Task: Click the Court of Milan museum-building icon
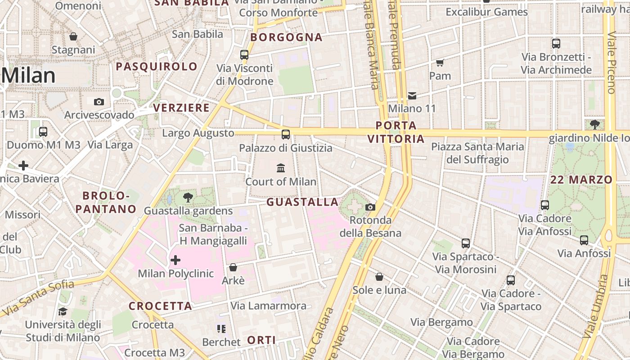click(281, 168)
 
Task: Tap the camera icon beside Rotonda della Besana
click(370, 207)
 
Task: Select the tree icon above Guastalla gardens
click(188, 197)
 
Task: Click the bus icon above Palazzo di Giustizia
click(285, 134)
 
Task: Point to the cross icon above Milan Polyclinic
click(175, 260)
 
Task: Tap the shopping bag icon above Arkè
click(233, 267)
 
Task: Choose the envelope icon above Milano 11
click(412, 95)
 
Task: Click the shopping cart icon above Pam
click(440, 63)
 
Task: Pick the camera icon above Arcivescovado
click(99, 102)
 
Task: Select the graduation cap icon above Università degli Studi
click(63, 311)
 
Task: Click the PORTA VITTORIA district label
click(396, 132)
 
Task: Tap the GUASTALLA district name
click(302, 202)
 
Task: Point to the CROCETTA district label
click(160, 306)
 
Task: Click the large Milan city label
click(28, 76)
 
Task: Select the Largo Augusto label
click(198, 133)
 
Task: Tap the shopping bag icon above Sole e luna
click(379, 276)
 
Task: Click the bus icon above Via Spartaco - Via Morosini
click(466, 243)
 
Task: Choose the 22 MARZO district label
click(581, 180)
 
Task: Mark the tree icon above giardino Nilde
click(594, 124)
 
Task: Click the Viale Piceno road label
click(611, 63)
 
